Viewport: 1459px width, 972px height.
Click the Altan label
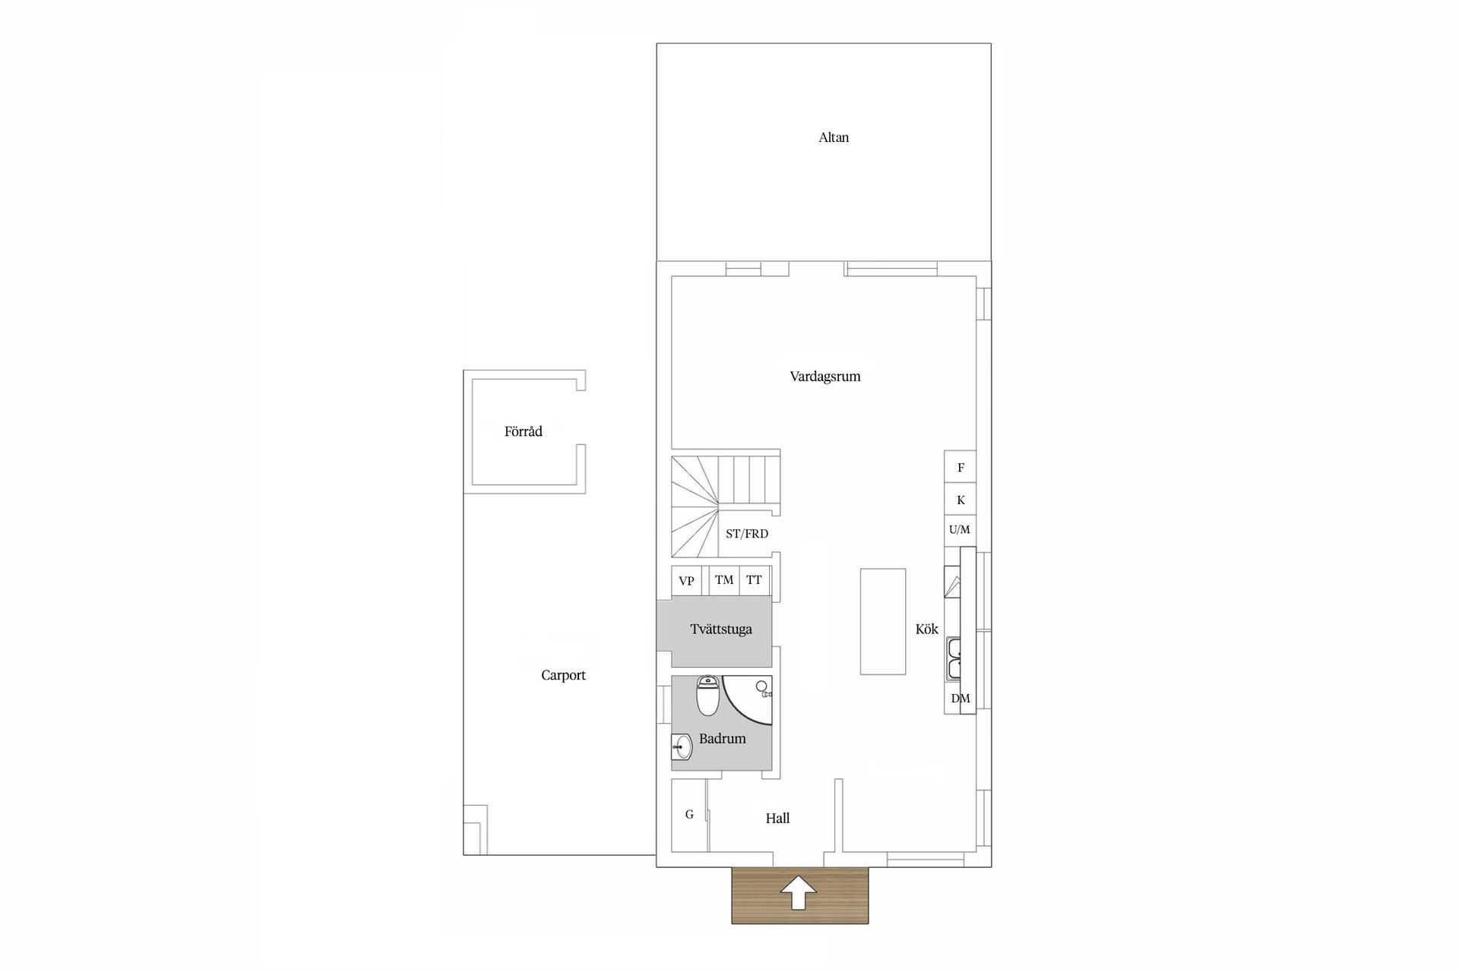[x=834, y=137]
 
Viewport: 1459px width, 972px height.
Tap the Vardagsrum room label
[x=825, y=377]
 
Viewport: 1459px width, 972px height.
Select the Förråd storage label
[x=524, y=431]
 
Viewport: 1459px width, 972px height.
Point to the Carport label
[x=563, y=675]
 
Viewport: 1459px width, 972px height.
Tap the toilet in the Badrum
[x=708, y=696]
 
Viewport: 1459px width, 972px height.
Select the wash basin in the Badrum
[x=682, y=747]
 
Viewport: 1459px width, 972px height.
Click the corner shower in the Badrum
[x=746, y=699]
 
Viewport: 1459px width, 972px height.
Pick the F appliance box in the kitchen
[x=961, y=467]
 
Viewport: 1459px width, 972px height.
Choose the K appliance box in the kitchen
[x=961, y=500]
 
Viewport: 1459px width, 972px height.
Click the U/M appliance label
[x=960, y=530]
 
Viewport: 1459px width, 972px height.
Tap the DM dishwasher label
[x=961, y=699]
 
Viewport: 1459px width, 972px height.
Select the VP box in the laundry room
[x=686, y=581]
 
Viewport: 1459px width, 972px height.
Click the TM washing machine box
[x=724, y=580]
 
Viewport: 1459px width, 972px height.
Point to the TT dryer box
[x=755, y=580]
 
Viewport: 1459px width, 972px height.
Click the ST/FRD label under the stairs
[x=747, y=534]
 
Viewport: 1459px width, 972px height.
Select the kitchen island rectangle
[x=883, y=621]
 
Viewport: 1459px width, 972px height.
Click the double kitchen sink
[x=954, y=659]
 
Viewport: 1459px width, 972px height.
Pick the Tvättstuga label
[x=721, y=630]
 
